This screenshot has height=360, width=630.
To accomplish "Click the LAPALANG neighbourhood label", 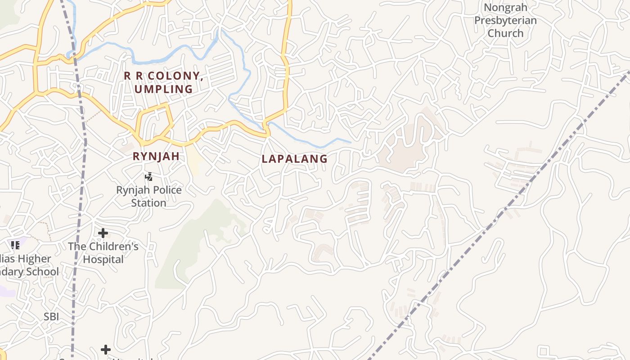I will tap(294, 159).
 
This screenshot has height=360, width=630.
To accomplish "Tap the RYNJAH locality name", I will tap(156, 157).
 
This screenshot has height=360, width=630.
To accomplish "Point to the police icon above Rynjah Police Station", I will tap(148, 177).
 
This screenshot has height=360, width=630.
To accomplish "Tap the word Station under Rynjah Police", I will tap(148, 203).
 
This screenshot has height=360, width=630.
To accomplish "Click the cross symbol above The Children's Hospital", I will tap(103, 233).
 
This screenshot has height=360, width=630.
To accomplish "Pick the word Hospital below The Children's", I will tap(103, 260).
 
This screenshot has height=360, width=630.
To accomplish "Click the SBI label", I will tap(51, 317).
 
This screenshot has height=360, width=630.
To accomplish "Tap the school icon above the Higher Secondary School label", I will tap(15, 245).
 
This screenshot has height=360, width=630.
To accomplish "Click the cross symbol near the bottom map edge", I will tap(106, 350).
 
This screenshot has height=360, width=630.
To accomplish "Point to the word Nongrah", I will tap(505, 8).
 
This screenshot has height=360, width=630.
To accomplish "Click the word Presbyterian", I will tap(505, 21).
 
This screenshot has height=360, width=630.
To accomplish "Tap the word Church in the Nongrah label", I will tap(505, 33).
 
